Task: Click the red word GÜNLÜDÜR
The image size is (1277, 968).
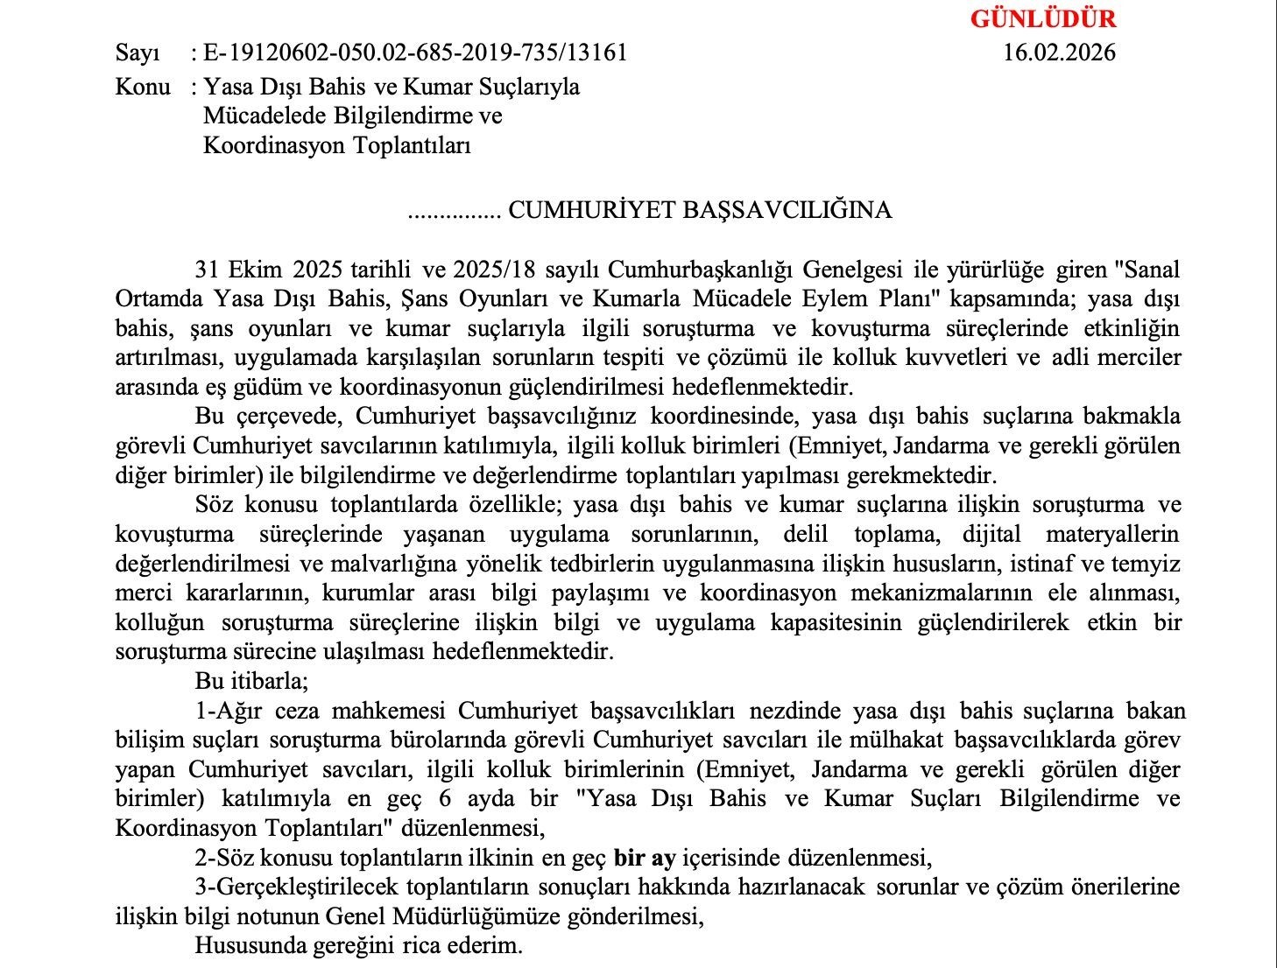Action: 1042,18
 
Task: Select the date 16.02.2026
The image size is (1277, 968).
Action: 1059,53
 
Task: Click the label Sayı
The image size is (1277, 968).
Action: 138,53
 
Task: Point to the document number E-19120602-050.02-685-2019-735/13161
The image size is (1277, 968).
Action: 415,53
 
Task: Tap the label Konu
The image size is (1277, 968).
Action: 143,88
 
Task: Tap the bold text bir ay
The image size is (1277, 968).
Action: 645,858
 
